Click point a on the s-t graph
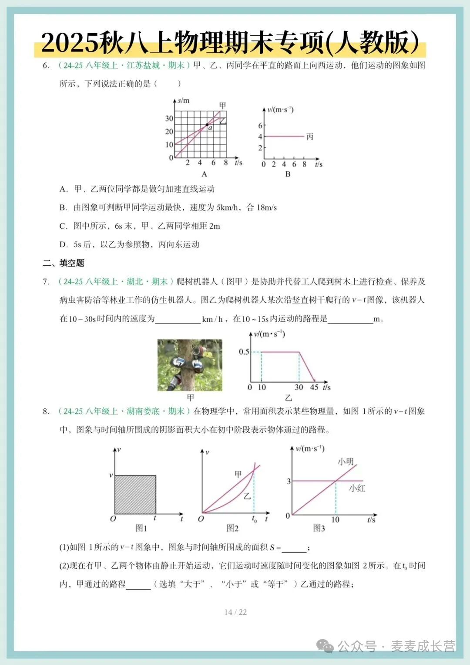coord(207,125)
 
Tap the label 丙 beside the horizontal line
coord(310,137)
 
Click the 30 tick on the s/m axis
coord(169,119)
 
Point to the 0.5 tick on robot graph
coord(244,352)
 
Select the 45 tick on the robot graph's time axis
coord(314,387)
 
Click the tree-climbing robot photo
coord(190,365)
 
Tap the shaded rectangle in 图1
coord(135,495)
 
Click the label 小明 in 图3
coord(346,461)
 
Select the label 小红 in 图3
coord(357,489)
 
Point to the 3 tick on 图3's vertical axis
coord(289,482)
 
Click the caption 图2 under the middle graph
coord(232,528)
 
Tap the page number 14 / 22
coord(235,612)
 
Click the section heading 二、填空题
coord(64,263)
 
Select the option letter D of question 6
coord(64,244)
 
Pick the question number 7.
coord(46,282)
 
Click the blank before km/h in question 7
coord(178,319)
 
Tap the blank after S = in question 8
coord(294,548)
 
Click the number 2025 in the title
coord(70,43)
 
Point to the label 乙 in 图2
coord(247,496)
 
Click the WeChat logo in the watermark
coord(325,646)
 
